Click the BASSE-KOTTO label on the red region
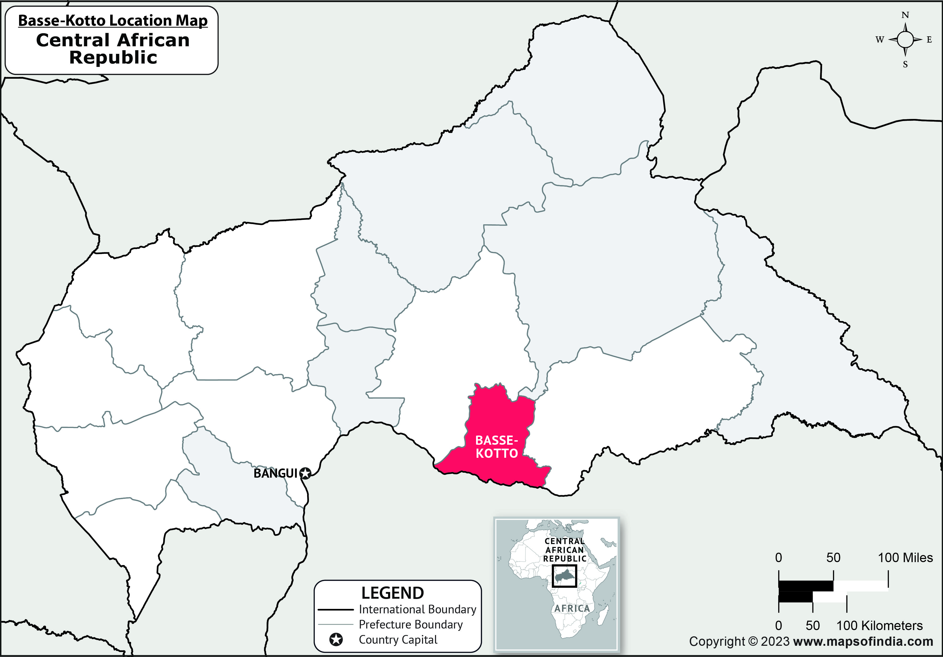coord(496,447)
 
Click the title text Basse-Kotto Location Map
coord(113,21)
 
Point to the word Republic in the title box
coord(113,58)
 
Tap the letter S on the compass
coord(905,65)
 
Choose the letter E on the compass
coord(929,40)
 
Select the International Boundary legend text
coord(417,609)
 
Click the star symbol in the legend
coord(336,640)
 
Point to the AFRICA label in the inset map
coord(572,608)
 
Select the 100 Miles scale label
coord(905,558)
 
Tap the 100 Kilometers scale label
coord(879,626)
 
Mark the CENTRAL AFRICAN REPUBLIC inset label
coord(565,550)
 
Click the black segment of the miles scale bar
coord(805,586)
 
